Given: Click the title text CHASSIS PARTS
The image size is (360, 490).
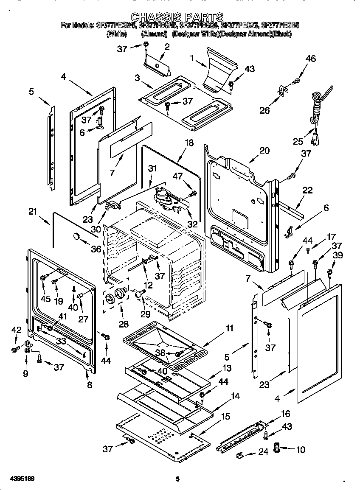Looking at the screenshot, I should [177, 17].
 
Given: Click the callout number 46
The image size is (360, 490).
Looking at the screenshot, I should [310, 59].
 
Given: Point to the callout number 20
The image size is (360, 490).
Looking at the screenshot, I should [264, 150].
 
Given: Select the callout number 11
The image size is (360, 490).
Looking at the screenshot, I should [229, 328].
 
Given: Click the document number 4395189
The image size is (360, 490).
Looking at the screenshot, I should [17, 479].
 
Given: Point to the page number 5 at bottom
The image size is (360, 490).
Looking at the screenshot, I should [178, 479].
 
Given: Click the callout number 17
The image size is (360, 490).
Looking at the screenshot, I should [331, 238].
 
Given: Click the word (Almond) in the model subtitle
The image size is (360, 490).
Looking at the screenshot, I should [154, 34].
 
